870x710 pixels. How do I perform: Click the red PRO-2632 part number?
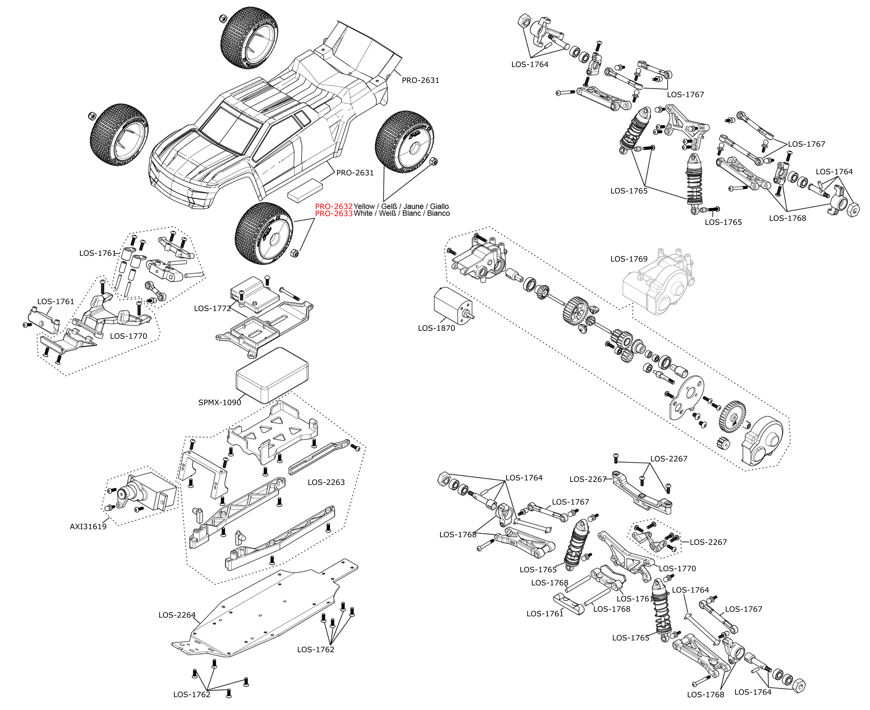point(334,206)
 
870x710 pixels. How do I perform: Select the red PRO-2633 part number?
point(334,213)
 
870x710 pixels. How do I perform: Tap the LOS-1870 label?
point(436,328)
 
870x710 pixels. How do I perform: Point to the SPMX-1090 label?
point(220,403)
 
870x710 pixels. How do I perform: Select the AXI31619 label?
point(88,527)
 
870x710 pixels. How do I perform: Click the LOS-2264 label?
point(177,615)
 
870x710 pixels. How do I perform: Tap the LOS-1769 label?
point(629,259)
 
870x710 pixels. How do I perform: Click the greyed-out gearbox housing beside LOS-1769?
point(658,282)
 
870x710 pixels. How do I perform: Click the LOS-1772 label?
point(213,308)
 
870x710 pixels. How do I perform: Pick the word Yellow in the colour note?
point(364,206)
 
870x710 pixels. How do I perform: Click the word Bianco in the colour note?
point(438,213)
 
